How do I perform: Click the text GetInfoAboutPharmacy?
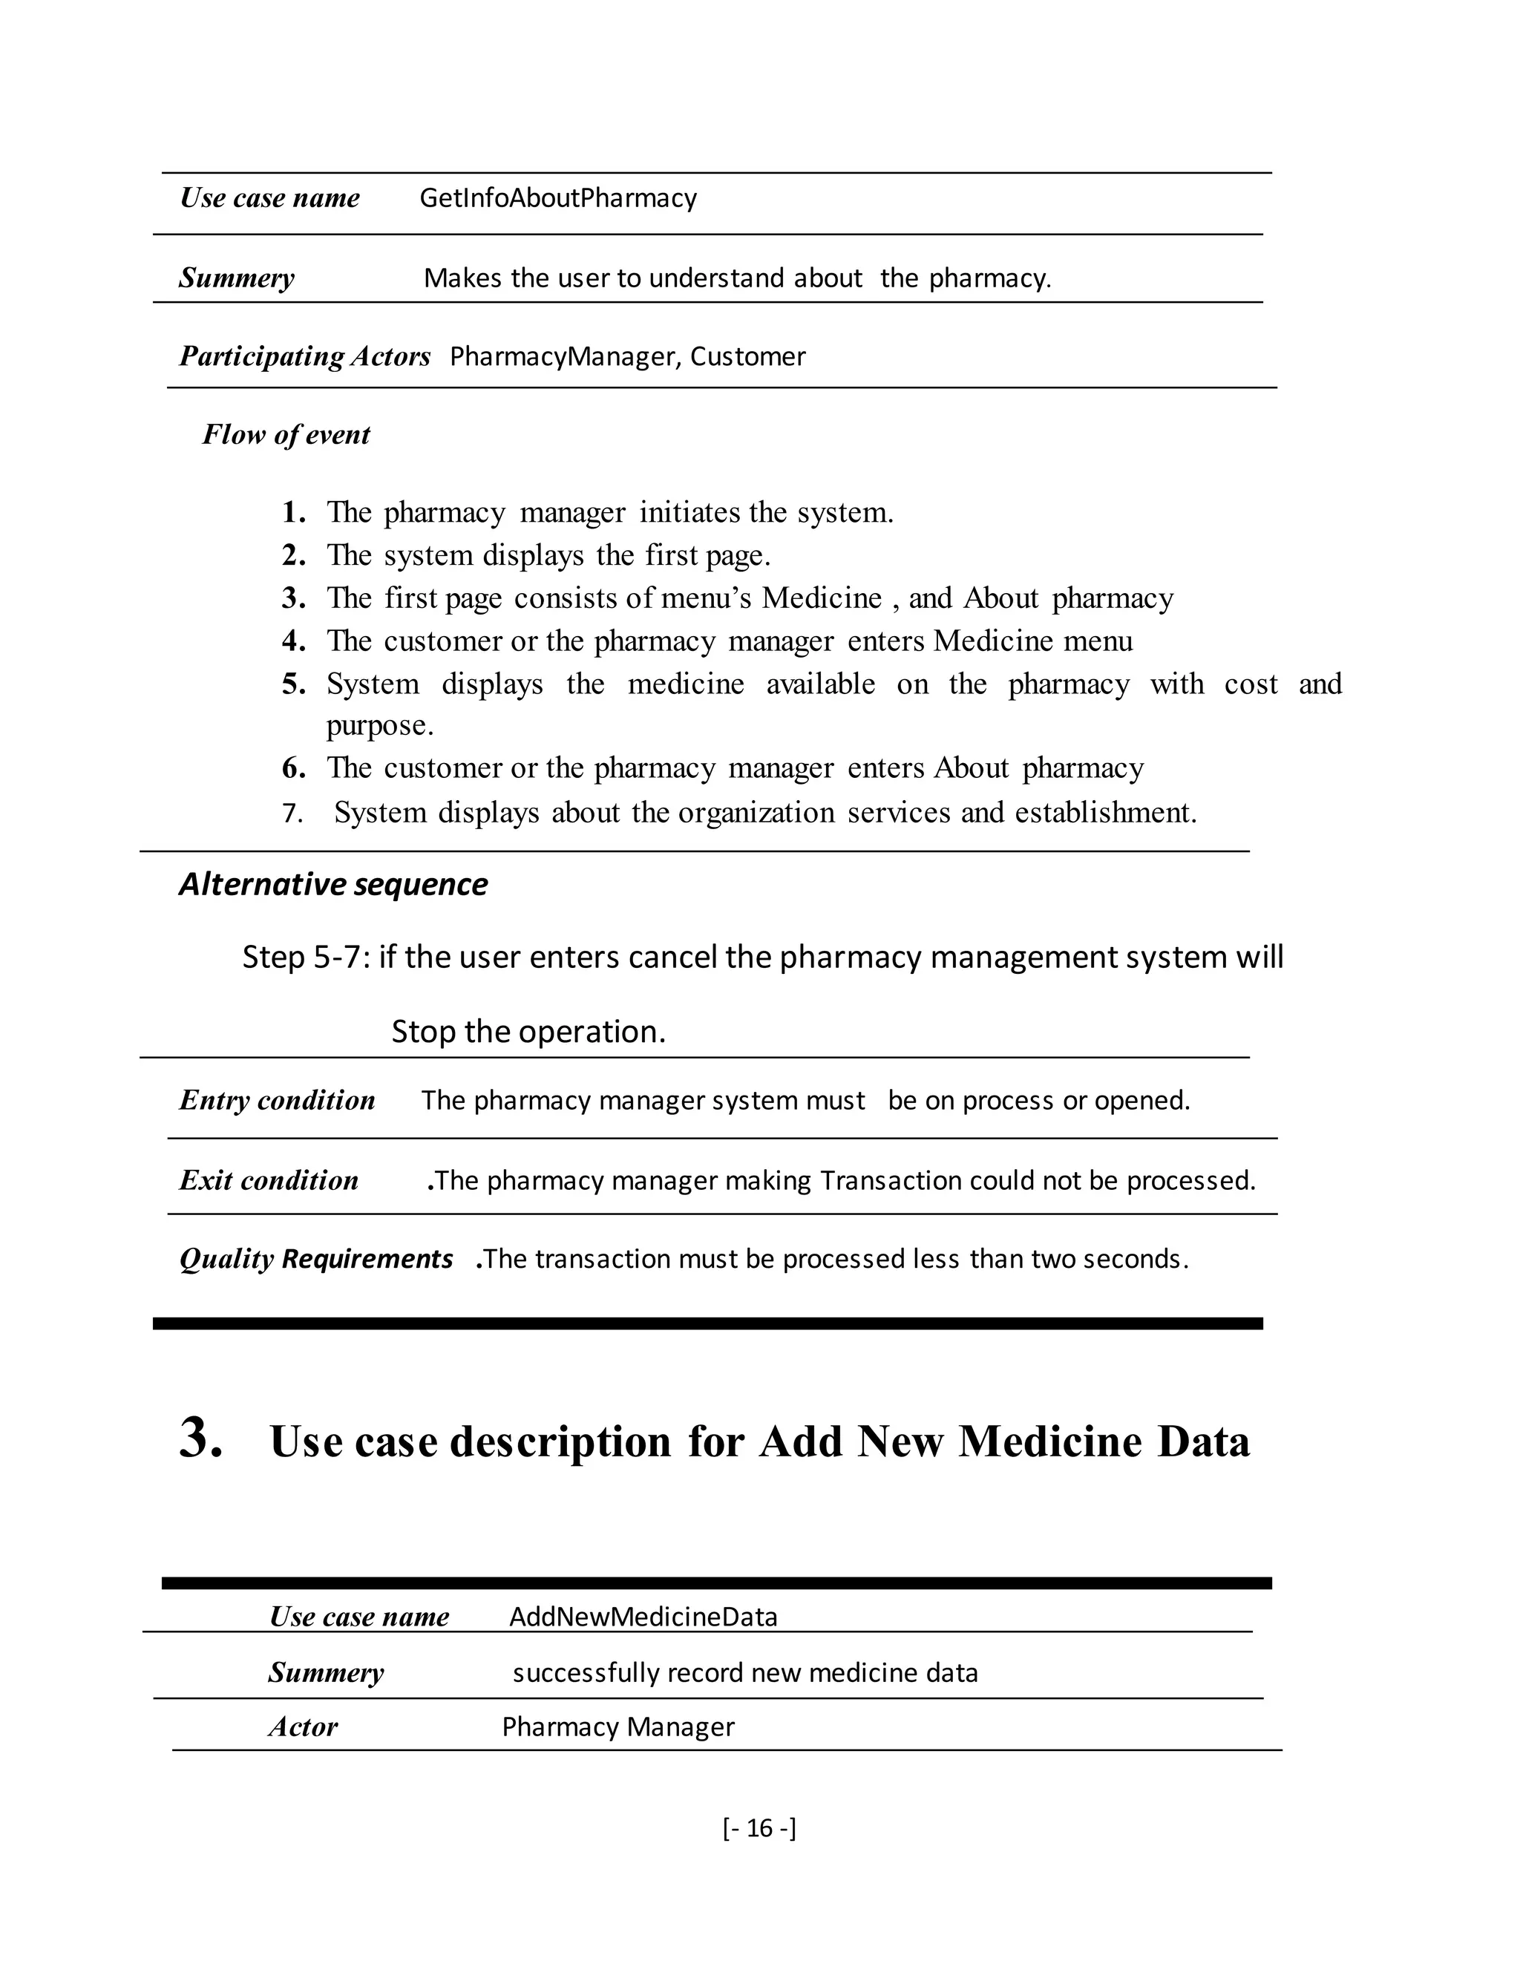557,198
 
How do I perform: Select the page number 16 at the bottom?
759,1827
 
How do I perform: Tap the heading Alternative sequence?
333,885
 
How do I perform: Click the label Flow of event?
286,435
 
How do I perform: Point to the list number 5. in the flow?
294,684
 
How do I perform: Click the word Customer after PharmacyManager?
747,356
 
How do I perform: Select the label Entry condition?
276,1101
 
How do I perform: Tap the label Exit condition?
269,1181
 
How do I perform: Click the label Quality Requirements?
315,1259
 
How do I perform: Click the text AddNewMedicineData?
643,1617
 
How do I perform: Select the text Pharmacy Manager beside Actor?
617,1727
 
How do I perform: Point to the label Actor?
303,1727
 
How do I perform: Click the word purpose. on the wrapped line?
379,725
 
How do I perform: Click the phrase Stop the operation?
528,1031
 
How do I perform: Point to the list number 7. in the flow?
292,814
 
